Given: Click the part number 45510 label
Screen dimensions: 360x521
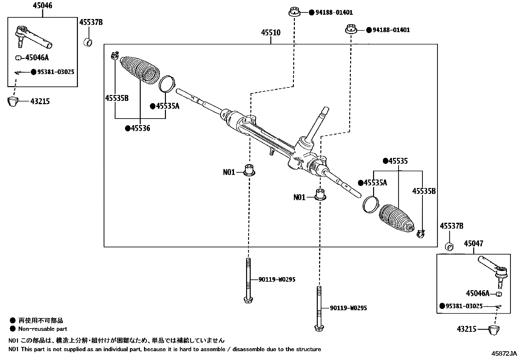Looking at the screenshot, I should pos(271,33).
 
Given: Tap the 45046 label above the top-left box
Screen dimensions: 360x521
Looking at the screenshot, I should pos(43,6).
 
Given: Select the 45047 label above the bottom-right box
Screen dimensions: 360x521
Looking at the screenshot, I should pos(473,243).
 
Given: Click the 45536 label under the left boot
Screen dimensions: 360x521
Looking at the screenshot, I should pos(140,128).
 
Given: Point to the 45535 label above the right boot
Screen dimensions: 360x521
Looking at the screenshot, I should pos(398,161).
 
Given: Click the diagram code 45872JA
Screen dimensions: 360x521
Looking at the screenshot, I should pos(504,354).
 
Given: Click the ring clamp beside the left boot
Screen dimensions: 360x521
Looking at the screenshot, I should pos(167,84).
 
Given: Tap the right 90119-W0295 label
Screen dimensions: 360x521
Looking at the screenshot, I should pos(348,308).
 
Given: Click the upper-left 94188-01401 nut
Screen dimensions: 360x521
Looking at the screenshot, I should pos(294,12).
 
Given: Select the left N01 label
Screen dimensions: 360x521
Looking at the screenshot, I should pos(229,172).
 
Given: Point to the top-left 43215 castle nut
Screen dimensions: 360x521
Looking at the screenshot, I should pos(13,102).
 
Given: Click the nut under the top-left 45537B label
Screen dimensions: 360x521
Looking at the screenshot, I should pos(88,42).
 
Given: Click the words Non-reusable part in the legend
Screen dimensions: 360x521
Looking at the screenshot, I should pos(43,329).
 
